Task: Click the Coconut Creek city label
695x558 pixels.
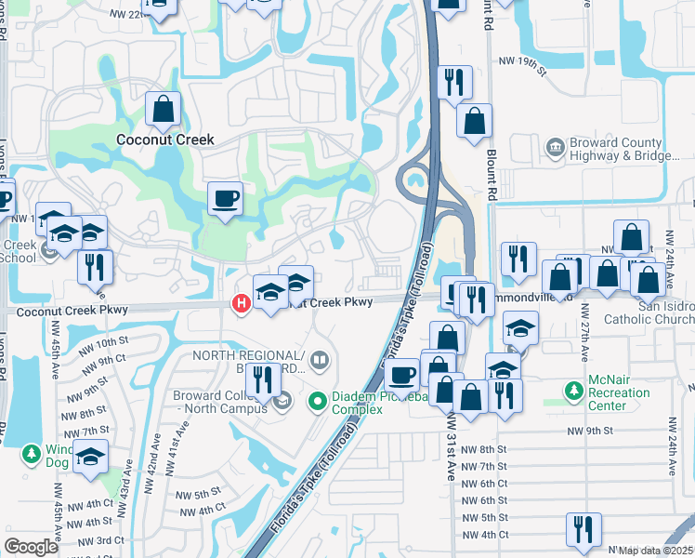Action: [x=164, y=139]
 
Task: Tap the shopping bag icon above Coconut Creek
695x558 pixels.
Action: [x=164, y=110]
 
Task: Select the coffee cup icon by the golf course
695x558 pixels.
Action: [x=225, y=198]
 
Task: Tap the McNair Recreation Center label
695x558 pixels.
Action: [x=619, y=393]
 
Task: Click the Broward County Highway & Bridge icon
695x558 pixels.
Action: [x=555, y=148]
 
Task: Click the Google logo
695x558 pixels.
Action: [x=31, y=547]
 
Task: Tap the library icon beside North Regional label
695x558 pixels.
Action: [x=320, y=358]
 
